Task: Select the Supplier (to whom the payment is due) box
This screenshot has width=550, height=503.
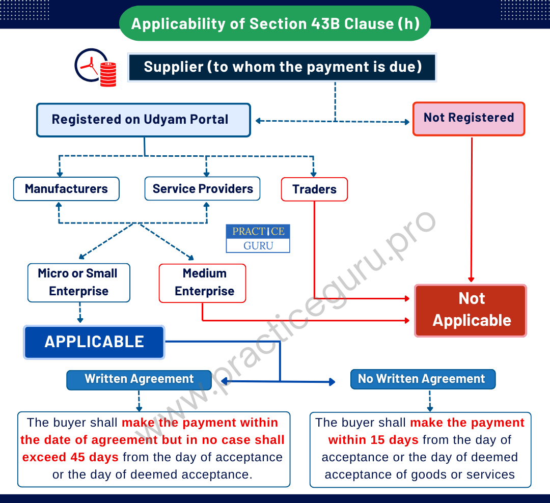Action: tap(282, 67)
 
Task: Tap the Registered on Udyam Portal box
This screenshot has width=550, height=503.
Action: tap(144, 120)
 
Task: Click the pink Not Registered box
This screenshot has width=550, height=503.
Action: tap(469, 119)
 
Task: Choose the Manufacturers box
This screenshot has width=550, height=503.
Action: tap(66, 189)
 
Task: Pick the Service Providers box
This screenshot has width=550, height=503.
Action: tap(202, 189)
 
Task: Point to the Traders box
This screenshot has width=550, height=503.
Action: tap(314, 189)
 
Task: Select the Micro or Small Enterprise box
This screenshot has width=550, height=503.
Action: tap(78, 283)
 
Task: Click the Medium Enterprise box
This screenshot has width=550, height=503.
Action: tap(202, 283)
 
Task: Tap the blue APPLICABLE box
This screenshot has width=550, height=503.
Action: tap(94, 342)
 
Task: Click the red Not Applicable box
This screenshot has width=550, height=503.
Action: tap(471, 311)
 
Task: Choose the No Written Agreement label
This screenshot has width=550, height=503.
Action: tap(423, 379)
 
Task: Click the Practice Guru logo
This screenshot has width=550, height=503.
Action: tap(258, 238)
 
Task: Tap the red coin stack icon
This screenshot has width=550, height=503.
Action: tap(108, 74)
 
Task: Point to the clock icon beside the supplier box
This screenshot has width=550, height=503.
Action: tap(91, 65)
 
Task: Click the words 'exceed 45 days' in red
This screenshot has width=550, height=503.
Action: tap(70, 457)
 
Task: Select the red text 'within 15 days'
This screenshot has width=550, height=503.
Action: tap(373, 440)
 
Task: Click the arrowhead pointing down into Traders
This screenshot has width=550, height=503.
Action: tap(313, 174)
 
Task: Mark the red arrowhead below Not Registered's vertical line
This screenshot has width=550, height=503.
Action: tap(471, 280)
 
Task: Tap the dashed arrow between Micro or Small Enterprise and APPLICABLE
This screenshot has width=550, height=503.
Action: tap(80, 313)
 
